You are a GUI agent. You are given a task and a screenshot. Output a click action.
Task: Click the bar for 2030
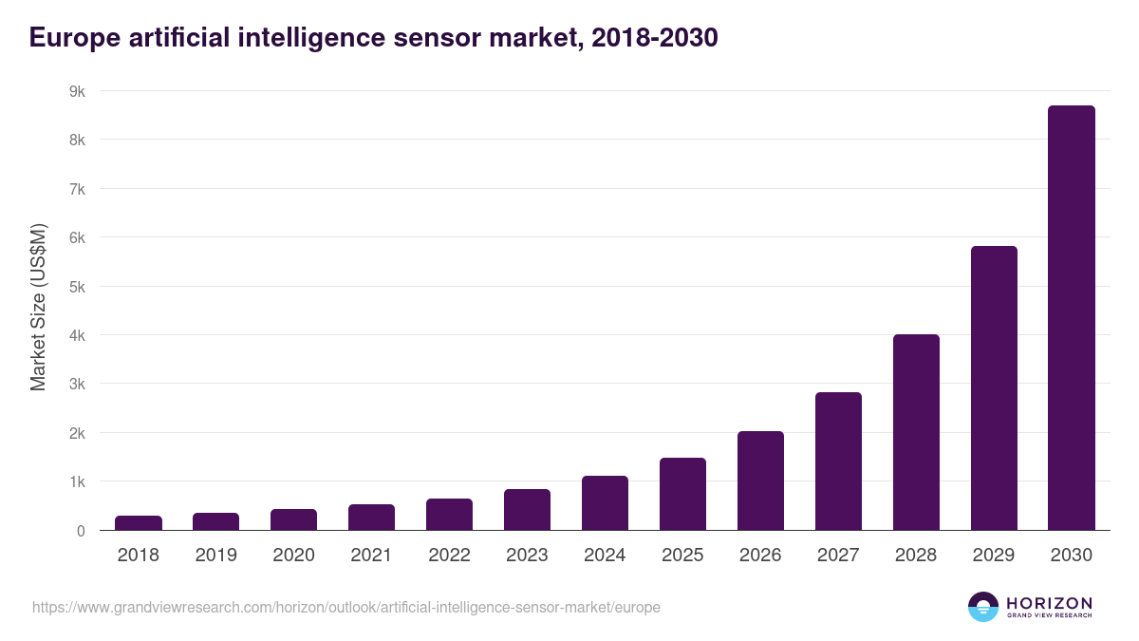coord(1071,318)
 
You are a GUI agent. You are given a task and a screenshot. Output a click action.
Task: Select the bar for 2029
coord(993,388)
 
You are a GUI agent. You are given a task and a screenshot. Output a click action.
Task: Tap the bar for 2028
coord(915,432)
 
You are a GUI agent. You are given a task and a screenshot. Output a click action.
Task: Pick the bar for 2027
coord(837,462)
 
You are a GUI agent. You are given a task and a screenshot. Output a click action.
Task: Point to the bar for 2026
coord(759,481)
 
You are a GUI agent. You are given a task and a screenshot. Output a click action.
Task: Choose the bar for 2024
coord(605,503)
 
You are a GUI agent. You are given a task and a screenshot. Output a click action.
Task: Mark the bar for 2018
coord(139,523)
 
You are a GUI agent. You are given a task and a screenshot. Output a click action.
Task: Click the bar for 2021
coord(371,518)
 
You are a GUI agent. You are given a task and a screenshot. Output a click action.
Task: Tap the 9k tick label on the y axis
coord(77,91)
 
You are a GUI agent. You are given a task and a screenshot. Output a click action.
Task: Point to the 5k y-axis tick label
coord(77,287)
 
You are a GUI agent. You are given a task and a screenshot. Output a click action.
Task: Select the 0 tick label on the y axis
coord(82,531)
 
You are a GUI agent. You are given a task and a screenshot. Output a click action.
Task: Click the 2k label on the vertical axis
coord(77,433)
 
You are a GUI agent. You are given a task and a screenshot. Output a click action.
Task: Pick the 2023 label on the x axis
coord(527,556)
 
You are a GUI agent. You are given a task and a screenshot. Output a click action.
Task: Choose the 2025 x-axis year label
coord(682,556)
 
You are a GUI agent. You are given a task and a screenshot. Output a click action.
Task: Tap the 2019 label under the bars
coord(216,556)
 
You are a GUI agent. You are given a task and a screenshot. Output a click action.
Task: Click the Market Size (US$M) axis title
coord(38,307)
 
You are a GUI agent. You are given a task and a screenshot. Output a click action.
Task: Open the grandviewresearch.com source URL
coord(345,607)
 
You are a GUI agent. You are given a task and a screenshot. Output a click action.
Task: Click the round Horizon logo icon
coord(982,607)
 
